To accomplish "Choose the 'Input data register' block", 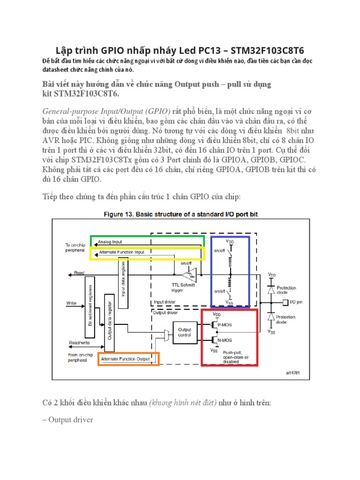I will coord(123,283).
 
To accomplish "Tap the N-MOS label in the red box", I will coord(227,340).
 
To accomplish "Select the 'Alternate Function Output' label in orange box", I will coord(126,359).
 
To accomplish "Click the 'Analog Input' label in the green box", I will coord(110,242).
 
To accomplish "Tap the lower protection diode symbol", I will coord(271,317).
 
